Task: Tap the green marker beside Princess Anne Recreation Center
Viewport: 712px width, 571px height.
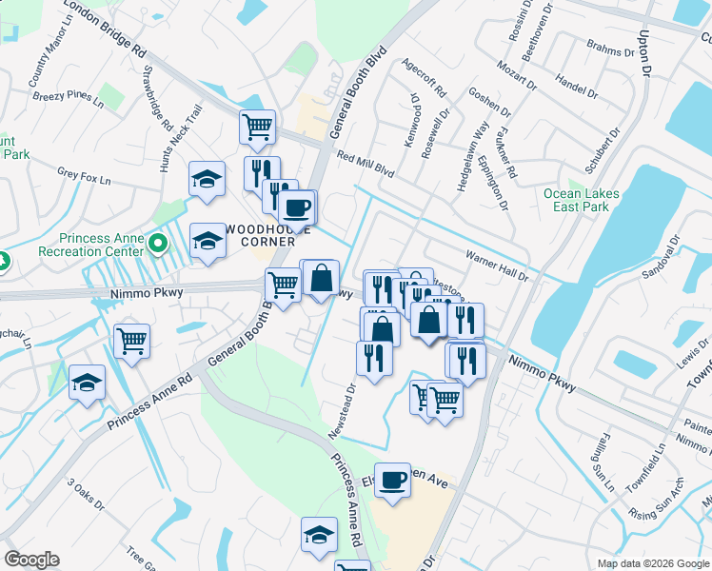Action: click(159, 246)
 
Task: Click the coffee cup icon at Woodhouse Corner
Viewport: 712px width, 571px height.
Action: click(296, 207)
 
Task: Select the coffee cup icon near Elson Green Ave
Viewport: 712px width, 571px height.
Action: click(392, 480)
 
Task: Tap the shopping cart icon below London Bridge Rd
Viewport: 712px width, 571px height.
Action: click(257, 127)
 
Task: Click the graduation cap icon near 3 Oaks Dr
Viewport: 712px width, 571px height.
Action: click(87, 382)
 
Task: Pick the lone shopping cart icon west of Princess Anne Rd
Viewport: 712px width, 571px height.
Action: click(131, 341)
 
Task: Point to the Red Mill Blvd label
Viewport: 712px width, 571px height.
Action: click(365, 163)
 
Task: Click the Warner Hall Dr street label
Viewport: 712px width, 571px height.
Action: click(496, 265)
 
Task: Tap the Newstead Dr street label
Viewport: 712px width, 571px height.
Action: click(346, 409)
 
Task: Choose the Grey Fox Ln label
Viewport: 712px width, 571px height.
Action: click(84, 174)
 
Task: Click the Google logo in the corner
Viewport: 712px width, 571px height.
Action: click(31, 560)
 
